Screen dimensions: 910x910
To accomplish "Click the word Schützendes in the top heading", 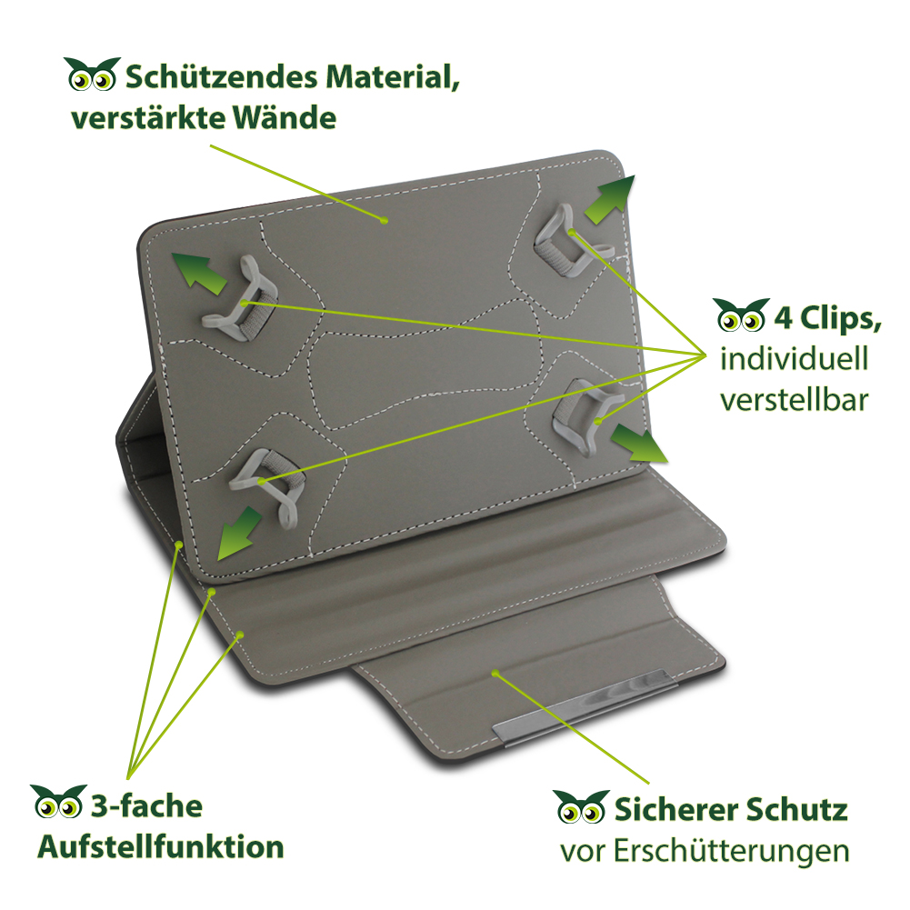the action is (x=221, y=78).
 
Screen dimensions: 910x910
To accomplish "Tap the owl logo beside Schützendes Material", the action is (x=92, y=75).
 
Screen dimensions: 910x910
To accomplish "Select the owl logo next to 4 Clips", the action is (x=741, y=315).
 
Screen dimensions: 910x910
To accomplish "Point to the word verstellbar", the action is (x=794, y=400).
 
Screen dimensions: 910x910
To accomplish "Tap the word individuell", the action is (x=794, y=358).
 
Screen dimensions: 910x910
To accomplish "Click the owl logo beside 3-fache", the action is (x=58, y=802).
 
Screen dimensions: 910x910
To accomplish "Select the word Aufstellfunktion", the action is (x=161, y=846).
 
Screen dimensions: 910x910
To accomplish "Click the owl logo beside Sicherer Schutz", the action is (x=581, y=806).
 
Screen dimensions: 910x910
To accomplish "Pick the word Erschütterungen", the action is (x=731, y=852).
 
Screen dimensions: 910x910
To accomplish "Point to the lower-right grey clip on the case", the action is (x=585, y=414).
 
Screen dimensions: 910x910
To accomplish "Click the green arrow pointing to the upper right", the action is (x=610, y=199).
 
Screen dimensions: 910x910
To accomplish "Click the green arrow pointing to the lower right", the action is (x=639, y=443).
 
